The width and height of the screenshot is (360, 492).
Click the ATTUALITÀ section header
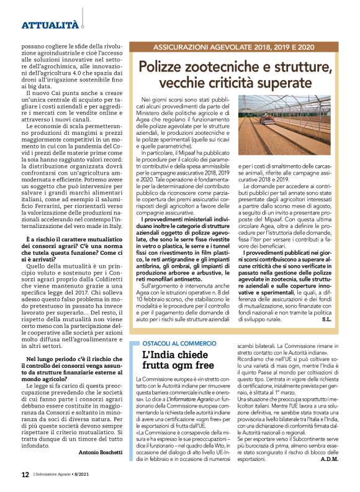(x=50, y=25)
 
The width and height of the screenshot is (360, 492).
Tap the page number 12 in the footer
(x=25, y=474)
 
